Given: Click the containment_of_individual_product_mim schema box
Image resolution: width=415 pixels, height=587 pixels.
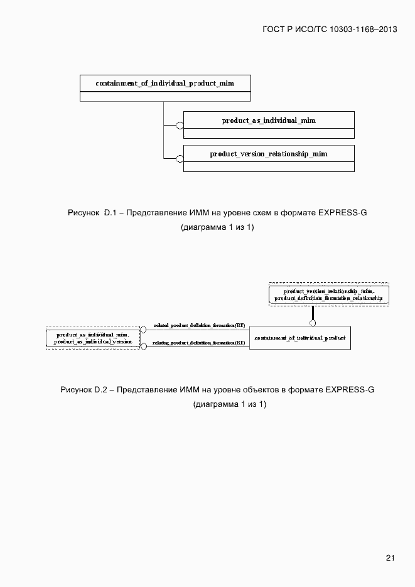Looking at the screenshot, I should click(x=165, y=88).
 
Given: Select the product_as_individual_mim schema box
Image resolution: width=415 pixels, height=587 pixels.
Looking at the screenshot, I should click(x=269, y=124).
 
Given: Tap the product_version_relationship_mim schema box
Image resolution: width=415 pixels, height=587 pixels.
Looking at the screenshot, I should click(x=269, y=158).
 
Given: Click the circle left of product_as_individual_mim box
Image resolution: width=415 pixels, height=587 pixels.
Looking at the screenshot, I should click(x=180, y=124).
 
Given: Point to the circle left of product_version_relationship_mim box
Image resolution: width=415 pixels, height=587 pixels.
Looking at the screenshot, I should click(x=180, y=158).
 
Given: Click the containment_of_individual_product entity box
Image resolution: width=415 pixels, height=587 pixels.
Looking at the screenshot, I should click(x=300, y=338).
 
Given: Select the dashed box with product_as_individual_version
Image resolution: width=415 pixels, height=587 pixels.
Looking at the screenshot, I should click(x=93, y=338).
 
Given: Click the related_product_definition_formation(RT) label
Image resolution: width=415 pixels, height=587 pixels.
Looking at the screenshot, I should click(x=198, y=325).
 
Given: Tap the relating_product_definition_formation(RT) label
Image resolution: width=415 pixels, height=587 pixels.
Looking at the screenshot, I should click(x=198, y=343).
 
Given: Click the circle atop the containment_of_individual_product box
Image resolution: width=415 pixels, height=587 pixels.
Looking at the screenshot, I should click(x=313, y=323).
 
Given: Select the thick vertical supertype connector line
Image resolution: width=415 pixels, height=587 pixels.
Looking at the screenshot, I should click(x=313, y=313).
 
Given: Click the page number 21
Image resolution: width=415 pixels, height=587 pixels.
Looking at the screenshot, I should click(x=390, y=557).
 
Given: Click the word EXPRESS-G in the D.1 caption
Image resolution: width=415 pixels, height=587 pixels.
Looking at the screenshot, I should click(x=342, y=213).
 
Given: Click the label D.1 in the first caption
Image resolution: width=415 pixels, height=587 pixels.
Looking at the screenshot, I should click(x=111, y=213).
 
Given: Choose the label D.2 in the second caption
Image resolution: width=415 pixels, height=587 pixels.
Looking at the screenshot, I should click(x=101, y=390).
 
